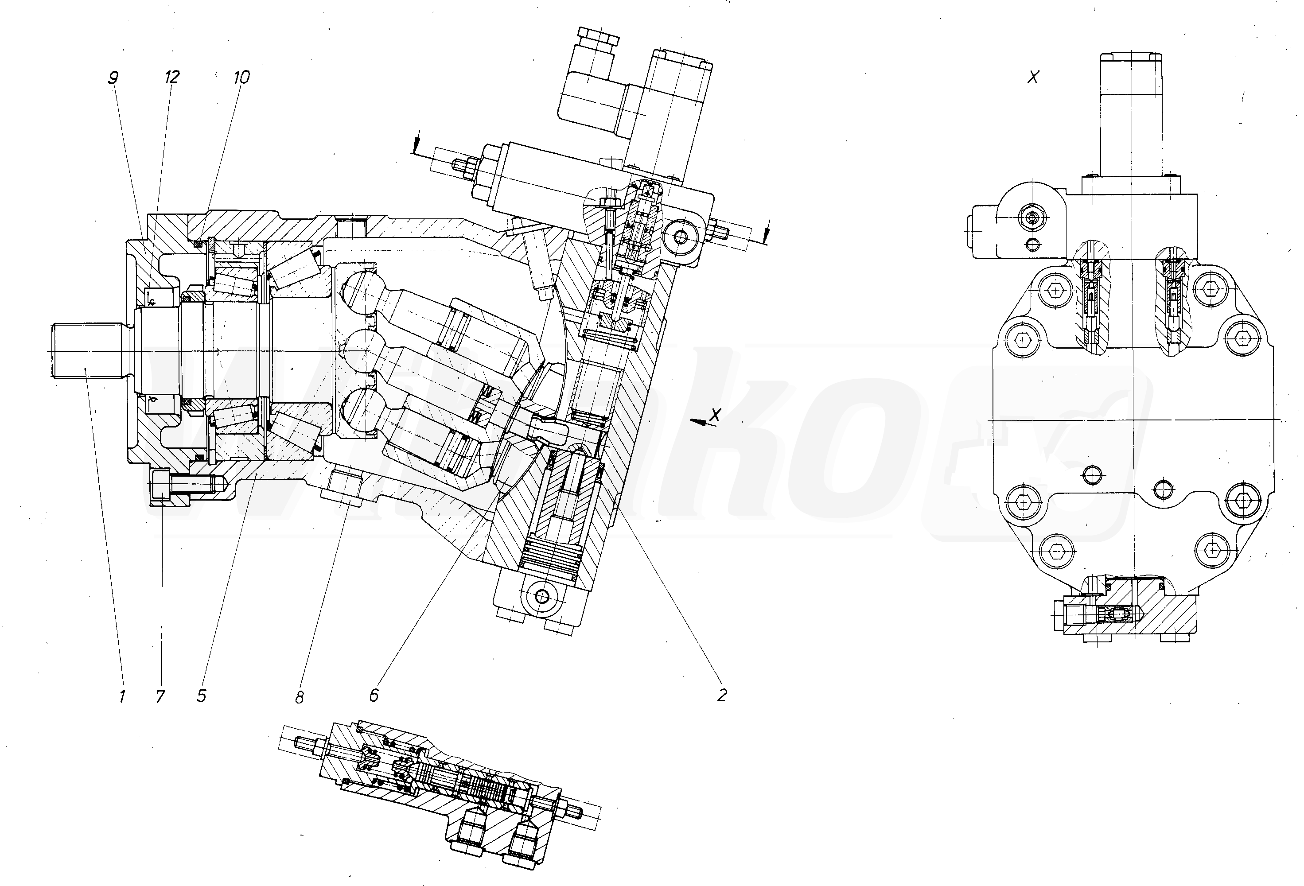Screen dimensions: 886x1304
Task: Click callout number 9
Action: pos(113,78)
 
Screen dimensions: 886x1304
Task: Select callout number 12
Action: pos(172,78)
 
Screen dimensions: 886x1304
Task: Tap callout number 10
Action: pos(241,78)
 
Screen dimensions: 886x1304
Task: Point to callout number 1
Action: pos(121,696)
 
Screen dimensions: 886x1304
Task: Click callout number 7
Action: pos(160,696)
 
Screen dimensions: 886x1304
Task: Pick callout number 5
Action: pos(202,696)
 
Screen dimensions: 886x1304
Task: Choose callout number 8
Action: pos(299,697)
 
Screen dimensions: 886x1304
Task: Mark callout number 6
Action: pos(374,695)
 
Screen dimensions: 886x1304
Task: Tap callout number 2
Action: pos(722,695)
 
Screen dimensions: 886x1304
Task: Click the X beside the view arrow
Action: pos(715,415)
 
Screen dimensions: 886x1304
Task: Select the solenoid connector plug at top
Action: pos(596,84)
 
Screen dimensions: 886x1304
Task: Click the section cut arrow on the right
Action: pos(767,231)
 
